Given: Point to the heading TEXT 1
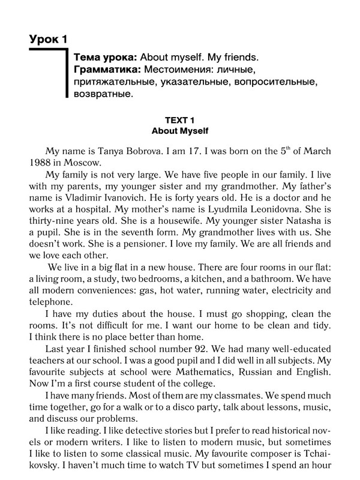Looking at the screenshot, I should click(x=179, y=119).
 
